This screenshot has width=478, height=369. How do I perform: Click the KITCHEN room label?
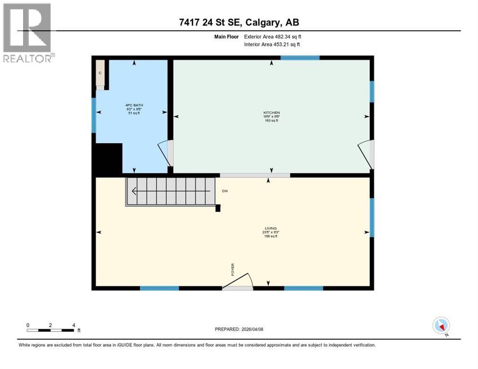click(x=271, y=113)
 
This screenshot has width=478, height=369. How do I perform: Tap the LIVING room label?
click(x=271, y=229)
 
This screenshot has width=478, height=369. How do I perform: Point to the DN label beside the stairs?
click(x=224, y=191)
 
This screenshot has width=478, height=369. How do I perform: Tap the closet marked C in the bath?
click(x=100, y=73)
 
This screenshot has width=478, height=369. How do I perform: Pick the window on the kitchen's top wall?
click(x=300, y=58)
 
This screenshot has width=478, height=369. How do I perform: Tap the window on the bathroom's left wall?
click(x=94, y=115)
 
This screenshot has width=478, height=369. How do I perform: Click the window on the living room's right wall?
click(x=371, y=217)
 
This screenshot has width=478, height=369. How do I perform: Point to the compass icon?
click(x=440, y=325)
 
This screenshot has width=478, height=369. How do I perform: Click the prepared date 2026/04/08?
click(x=256, y=329)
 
